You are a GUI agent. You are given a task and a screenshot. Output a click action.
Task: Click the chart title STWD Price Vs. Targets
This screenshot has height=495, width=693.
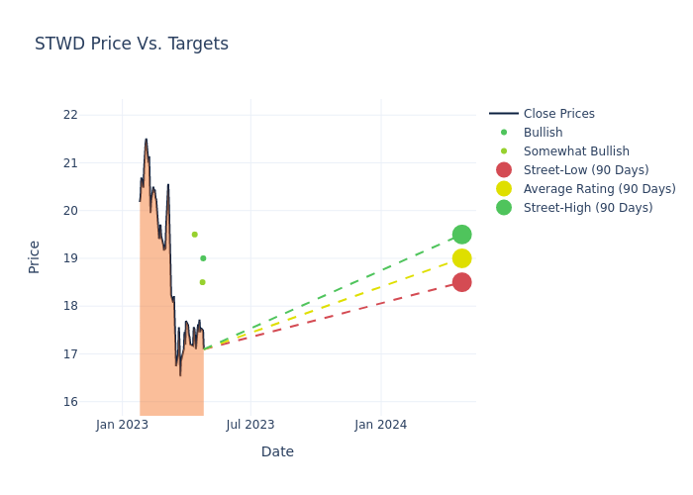coord(132,44)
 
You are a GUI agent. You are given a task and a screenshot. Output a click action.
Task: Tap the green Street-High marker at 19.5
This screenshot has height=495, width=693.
coord(461,235)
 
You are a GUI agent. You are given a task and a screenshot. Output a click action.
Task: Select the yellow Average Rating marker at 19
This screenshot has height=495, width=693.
coord(461,258)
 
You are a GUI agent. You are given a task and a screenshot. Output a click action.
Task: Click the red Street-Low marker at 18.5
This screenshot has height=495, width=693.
coord(461,282)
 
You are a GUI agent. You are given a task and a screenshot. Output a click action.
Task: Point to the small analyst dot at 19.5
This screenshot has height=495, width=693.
coord(194,235)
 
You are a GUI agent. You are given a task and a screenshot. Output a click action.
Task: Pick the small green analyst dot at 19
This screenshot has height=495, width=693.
coord(203,258)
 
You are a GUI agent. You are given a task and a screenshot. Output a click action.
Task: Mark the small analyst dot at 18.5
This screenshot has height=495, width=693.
coord(202,282)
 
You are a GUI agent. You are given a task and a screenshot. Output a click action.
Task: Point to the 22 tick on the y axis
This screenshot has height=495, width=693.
coord(70,115)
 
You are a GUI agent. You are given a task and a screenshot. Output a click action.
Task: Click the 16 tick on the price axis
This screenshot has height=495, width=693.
coord(70,402)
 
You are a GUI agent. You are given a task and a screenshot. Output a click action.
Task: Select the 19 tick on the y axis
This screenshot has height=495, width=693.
coord(70,258)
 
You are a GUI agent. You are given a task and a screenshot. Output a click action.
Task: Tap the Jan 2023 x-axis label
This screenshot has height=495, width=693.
coord(122,425)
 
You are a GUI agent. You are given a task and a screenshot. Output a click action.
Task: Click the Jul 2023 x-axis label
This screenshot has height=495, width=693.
coord(250,425)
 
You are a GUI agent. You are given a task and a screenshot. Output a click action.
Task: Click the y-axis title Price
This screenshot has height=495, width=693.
coord(35,256)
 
